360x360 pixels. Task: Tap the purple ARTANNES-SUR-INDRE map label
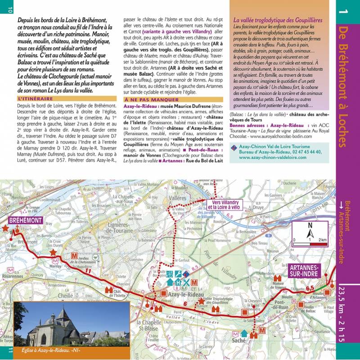point(302,270)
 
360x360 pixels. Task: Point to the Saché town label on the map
point(239,341)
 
